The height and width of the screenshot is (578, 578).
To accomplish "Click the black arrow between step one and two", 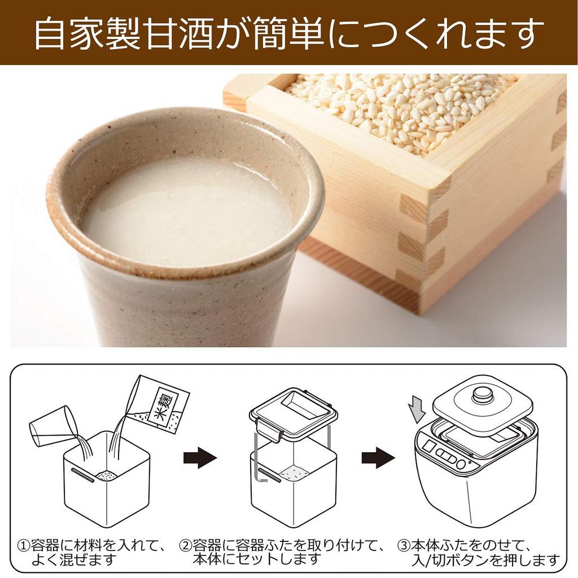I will pyautogui.click(x=200, y=457).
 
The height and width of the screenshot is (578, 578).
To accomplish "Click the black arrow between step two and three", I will pyautogui.click(x=378, y=457).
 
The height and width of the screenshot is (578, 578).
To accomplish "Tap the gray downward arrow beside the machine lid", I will pyautogui.click(x=418, y=408).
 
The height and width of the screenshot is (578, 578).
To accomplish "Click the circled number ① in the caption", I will pyautogui.click(x=23, y=546).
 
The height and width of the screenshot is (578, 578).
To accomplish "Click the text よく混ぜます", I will pyautogui.click(x=73, y=560).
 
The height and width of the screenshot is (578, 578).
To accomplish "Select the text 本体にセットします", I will pyautogui.click(x=257, y=560).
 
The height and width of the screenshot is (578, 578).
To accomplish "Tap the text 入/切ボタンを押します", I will pyautogui.click(x=486, y=561).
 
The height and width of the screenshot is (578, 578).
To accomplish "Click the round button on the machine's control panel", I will pyautogui.click(x=461, y=463).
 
